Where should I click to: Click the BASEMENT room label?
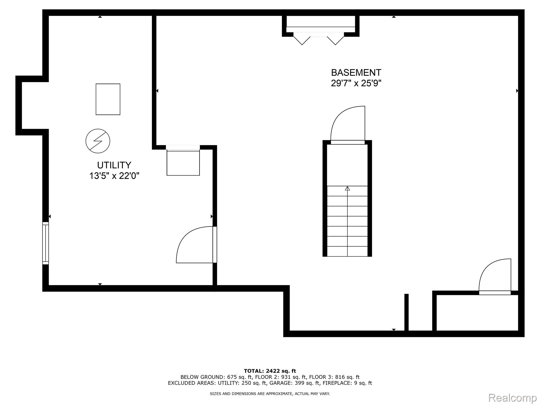(356, 73)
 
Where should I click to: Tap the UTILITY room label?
(114, 165)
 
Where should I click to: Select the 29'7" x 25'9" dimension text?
(356, 84)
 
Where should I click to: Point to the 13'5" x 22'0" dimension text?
(114, 176)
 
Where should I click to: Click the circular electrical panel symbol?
(98, 141)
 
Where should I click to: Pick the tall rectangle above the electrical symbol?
(108, 99)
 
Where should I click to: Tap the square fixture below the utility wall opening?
(183, 163)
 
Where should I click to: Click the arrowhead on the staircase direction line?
(347, 189)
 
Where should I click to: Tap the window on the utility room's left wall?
(46, 243)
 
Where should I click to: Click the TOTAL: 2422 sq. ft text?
(270, 371)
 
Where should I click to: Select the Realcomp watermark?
(512, 398)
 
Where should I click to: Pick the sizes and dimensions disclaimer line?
(270, 394)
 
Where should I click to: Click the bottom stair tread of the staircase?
(347, 252)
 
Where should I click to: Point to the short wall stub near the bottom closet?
(406, 312)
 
